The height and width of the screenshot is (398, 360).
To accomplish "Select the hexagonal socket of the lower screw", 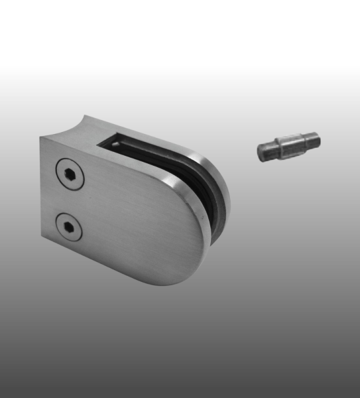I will click(69, 228).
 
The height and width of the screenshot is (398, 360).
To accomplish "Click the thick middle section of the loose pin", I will click(289, 146).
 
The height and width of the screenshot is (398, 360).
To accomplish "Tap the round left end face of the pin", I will click(264, 153).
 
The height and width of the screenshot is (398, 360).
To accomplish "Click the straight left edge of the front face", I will click(41, 199).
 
